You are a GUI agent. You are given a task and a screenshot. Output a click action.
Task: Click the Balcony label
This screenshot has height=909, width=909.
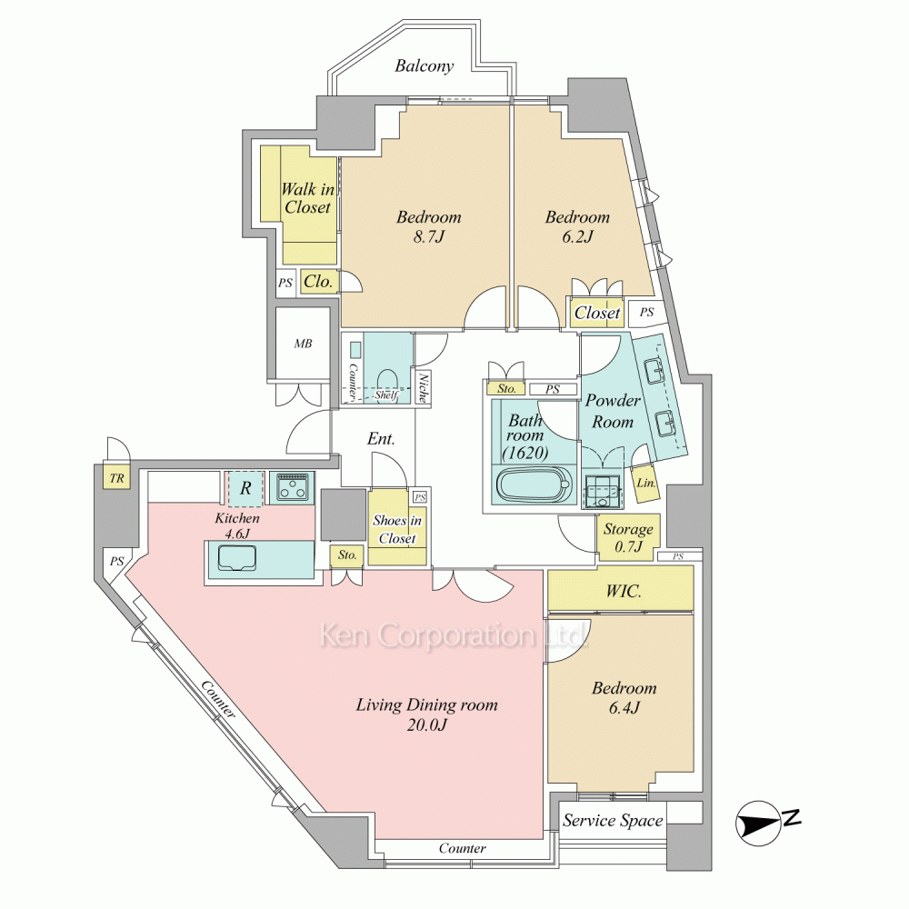(x=424, y=66)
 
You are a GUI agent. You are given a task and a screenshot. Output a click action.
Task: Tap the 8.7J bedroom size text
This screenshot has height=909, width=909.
(x=428, y=236)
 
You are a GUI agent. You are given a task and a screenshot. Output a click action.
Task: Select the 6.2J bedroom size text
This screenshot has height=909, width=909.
(x=577, y=236)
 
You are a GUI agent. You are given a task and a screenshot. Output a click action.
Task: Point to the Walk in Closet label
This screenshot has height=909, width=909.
(x=307, y=198)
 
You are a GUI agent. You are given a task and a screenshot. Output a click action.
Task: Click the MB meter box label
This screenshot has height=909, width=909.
(x=303, y=344)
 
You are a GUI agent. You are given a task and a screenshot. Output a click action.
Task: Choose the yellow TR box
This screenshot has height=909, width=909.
(x=117, y=478)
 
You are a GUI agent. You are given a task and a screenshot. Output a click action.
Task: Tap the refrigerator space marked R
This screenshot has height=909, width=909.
(x=245, y=487)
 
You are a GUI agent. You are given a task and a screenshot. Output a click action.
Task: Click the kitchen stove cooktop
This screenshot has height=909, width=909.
(x=292, y=487)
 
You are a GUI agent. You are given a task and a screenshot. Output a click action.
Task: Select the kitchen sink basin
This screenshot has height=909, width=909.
(x=236, y=559)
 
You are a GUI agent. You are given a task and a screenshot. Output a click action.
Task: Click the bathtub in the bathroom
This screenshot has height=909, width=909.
(x=535, y=484)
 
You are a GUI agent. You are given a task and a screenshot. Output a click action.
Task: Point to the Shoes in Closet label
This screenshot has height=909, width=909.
(x=397, y=529)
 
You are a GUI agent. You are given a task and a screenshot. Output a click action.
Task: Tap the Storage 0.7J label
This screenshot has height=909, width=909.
(x=628, y=537)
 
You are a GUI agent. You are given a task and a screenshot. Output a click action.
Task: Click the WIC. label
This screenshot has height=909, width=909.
(x=624, y=592)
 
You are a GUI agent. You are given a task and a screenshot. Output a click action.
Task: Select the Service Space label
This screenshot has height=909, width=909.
(x=613, y=821)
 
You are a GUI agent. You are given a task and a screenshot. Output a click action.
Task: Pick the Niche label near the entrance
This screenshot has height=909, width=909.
(x=424, y=388)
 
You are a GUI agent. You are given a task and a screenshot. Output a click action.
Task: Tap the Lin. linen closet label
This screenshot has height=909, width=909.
(x=646, y=483)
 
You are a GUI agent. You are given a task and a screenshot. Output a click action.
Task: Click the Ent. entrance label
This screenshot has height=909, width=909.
(x=381, y=439)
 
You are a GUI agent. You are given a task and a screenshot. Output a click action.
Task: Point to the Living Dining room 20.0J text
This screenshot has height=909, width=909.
(x=426, y=714)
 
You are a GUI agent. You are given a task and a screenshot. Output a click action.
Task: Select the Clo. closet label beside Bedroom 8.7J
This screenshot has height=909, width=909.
(x=318, y=282)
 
